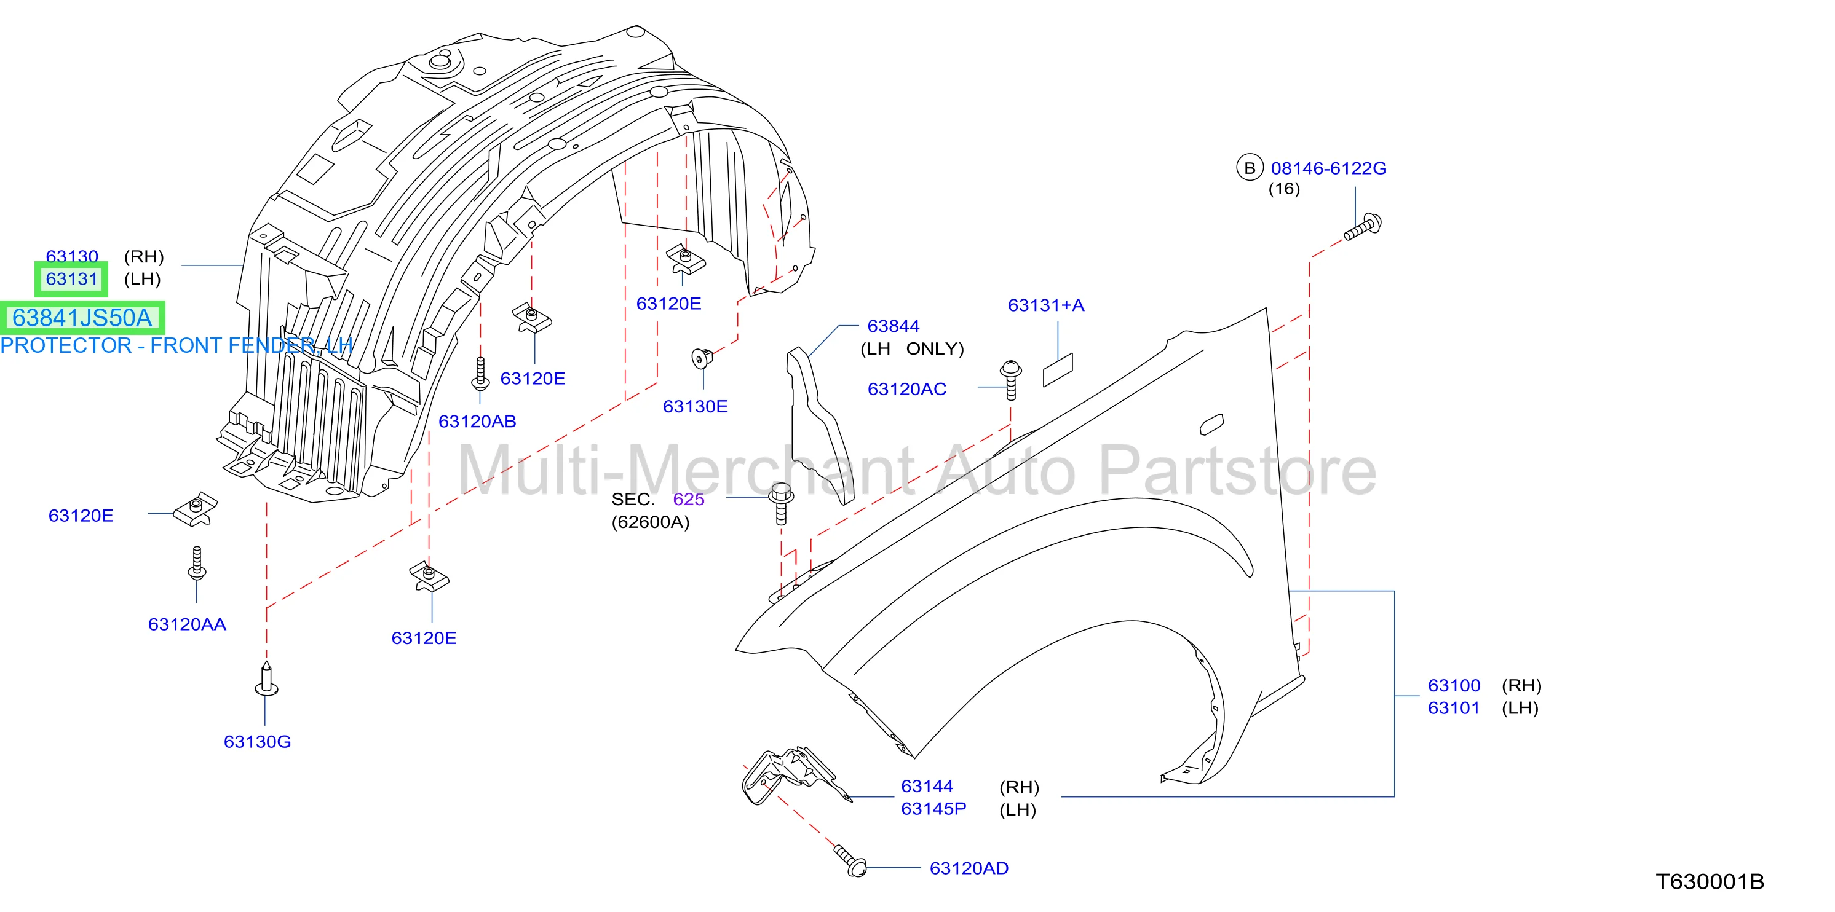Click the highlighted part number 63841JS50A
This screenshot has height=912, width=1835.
coord(82,318)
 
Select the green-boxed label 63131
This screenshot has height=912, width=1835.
coord(71,279)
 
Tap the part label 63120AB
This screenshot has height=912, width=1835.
coord(477,422)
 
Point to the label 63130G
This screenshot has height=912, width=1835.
coord(257,742)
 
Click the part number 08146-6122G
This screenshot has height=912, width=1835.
coord(1328,169)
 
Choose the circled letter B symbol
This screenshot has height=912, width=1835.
coord(1250,168)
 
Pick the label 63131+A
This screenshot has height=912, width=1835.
coord(1046,305)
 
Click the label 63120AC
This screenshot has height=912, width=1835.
coord(907,390)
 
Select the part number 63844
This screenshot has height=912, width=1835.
coord(894,326)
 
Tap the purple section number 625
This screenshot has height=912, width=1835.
coord(689,500)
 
